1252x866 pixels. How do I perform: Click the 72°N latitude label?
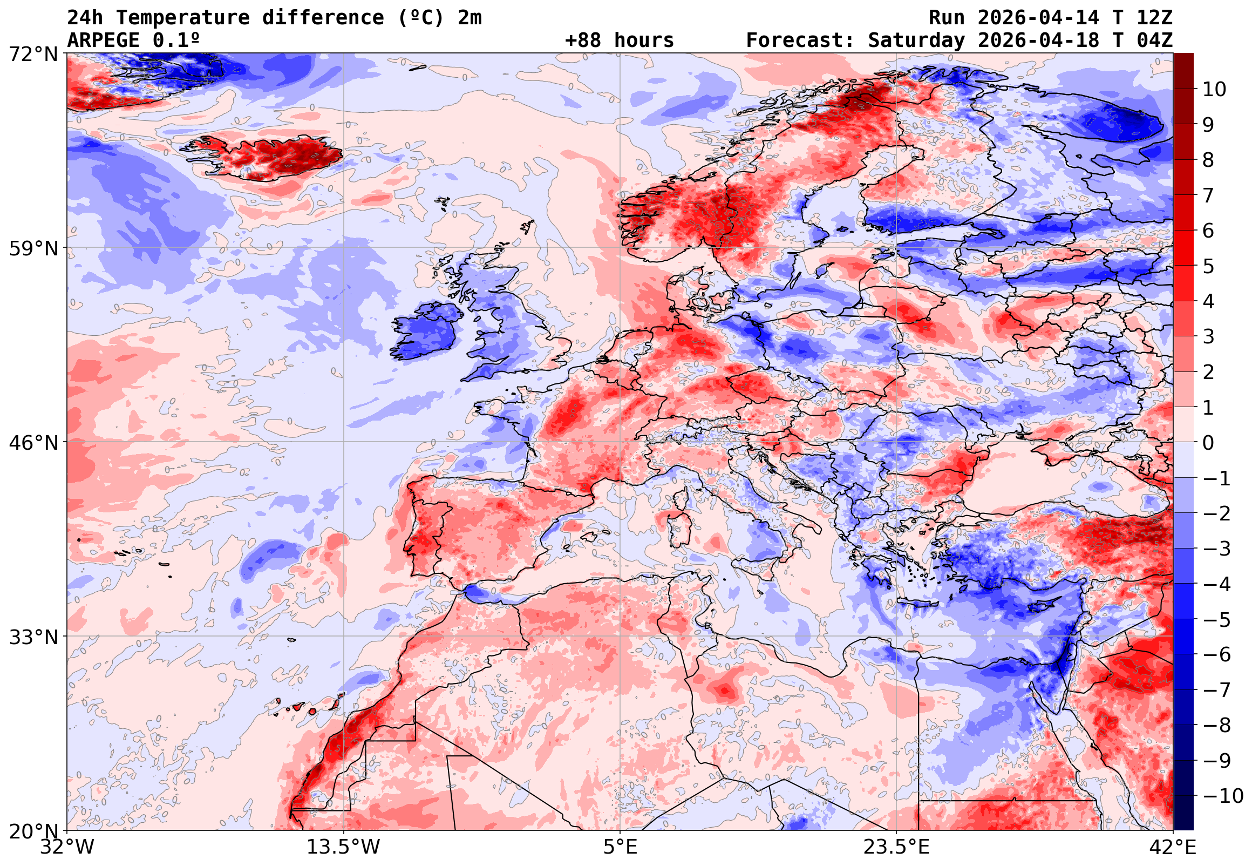33,55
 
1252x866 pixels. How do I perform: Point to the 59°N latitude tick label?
33,248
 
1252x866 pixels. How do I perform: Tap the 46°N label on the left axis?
33,443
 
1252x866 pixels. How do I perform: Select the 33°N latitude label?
33,637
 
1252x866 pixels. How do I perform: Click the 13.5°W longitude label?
343,847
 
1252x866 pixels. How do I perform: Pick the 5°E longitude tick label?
620,847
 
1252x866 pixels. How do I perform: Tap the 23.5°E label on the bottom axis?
896,847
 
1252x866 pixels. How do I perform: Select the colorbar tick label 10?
1214,89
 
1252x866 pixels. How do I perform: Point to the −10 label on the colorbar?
1223,796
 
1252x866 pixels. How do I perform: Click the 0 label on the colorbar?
1208,443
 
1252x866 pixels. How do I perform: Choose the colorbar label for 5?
1208,266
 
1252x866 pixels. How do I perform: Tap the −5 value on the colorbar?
1217,620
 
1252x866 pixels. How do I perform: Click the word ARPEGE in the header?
103,40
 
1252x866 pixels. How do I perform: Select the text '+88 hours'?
619,40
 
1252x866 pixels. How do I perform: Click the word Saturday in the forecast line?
916,40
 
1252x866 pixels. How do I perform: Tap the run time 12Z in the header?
1154,18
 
